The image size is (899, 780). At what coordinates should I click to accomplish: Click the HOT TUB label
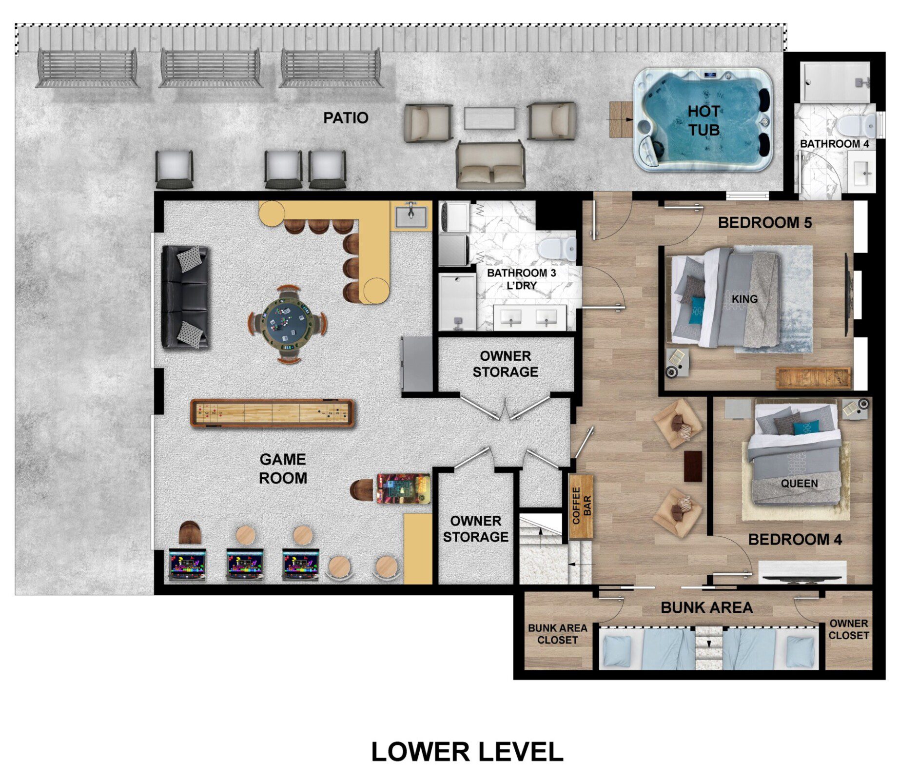(x=704, y=120)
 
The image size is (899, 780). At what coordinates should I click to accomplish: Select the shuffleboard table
(x=272, y=414)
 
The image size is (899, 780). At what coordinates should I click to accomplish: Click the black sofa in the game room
(x=185, y=297)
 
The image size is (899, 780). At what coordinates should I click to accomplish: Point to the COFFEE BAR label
(x=582, y=506)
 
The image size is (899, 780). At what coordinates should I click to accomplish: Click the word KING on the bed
(x=744, y=298)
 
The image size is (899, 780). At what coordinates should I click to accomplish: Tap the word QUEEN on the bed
(x=800, y=483)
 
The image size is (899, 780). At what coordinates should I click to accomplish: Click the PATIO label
(x=346, y=117)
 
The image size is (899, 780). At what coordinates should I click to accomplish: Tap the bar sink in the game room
(x=410, y=216)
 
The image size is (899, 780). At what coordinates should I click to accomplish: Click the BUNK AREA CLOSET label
(x=557, y=634)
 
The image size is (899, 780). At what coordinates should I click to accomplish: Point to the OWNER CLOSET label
(x=848, y=629)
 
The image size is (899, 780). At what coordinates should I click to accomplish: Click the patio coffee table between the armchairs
(x=489, y=118)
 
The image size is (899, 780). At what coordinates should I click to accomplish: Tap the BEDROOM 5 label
(x=765, y=223)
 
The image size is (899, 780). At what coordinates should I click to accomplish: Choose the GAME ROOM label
(x=283, y=468)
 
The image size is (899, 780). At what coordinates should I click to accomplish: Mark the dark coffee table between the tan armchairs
(x=693, y=466)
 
